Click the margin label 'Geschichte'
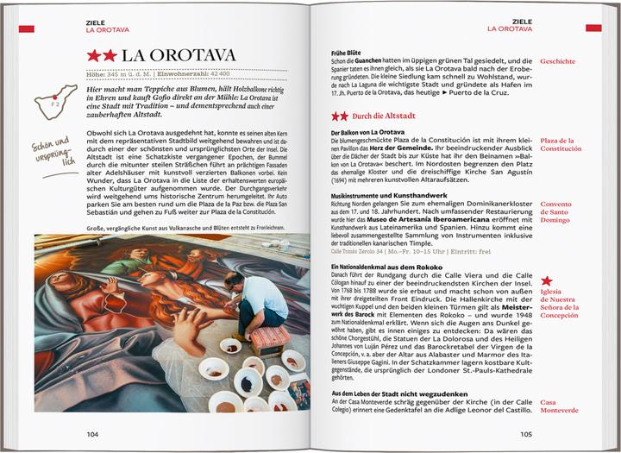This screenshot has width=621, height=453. click(558, 61)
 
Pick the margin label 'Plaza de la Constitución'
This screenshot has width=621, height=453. click(561, 144)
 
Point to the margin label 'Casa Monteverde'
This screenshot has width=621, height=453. click(559, 406)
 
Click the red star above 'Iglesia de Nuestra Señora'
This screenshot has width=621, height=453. click(546, 281)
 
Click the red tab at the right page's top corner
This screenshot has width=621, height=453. click(593, 28)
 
